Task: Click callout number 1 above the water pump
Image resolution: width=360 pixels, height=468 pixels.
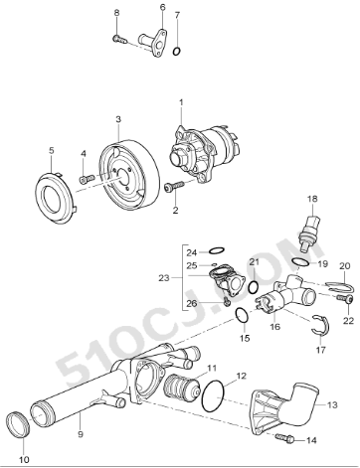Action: point(182,102)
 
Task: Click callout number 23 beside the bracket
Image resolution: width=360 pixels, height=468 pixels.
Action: point(163,279)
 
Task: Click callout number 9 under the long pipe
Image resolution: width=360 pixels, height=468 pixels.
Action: point(80,432)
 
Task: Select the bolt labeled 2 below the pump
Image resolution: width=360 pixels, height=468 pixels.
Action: point(179,186)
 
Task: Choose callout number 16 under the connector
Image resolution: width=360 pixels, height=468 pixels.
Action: point(275,325)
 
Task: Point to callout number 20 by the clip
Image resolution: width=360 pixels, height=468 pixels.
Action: point(344,266)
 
